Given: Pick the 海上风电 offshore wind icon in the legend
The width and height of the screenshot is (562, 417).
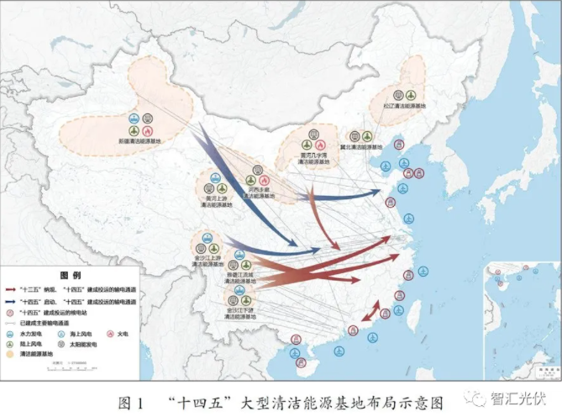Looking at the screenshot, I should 65,334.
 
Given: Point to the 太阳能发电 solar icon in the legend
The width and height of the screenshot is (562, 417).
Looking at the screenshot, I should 65,345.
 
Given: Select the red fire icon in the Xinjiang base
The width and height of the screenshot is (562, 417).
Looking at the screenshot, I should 147,131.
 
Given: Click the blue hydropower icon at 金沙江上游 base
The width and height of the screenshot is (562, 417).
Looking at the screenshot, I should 202,238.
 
